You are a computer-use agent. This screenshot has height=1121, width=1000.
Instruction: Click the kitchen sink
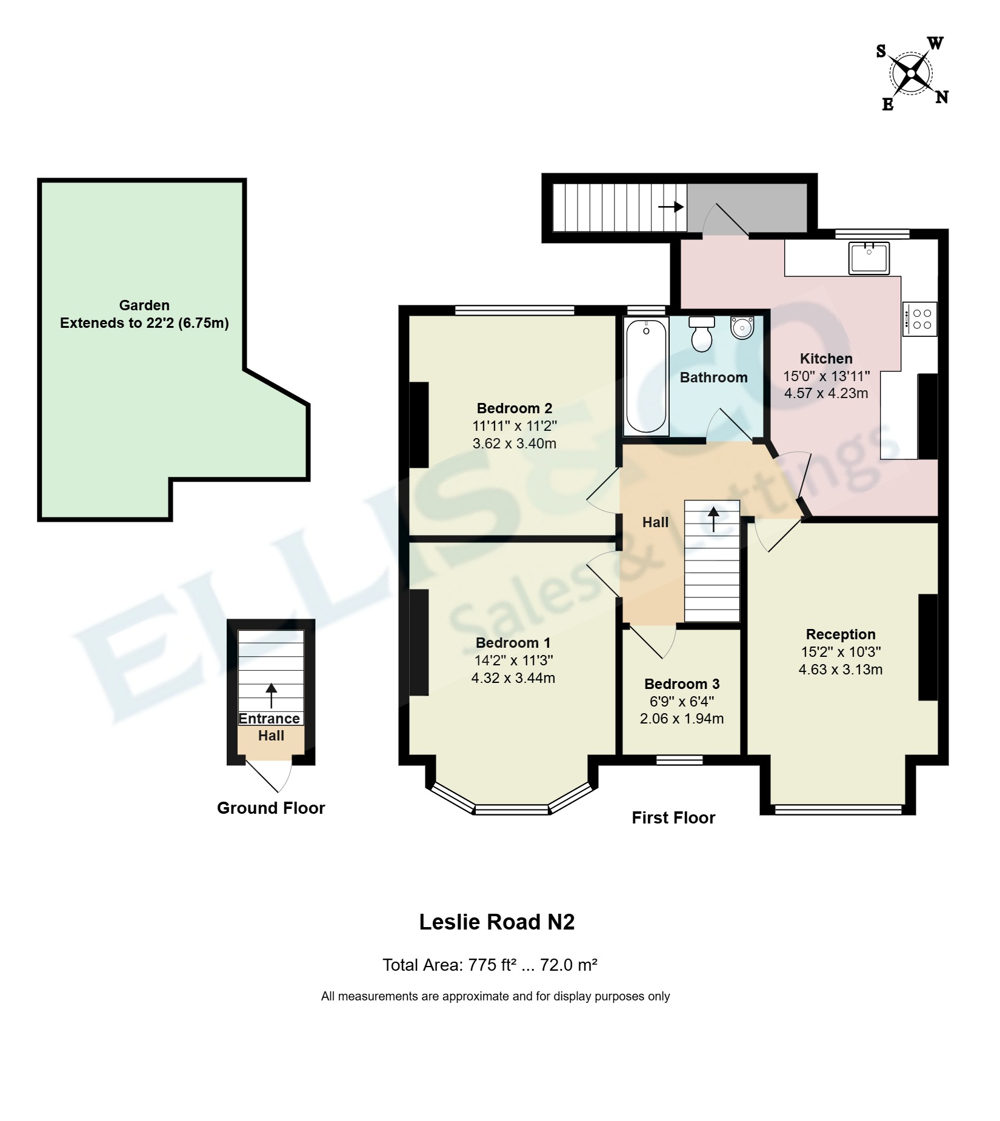(x=868, y=258)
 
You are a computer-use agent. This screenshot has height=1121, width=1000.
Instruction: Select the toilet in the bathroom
(x=702, y=334)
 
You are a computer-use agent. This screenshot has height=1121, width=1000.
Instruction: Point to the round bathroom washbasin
(x=742, y=327)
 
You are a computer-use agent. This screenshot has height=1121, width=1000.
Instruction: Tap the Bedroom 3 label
(x=682, y=684)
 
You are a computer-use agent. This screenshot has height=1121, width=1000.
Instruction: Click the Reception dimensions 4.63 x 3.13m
(x=841, y=670)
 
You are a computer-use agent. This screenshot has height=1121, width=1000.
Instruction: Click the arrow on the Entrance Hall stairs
(x=271, y=696)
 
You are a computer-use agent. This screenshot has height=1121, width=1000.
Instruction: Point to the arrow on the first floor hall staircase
(x=713, y=519)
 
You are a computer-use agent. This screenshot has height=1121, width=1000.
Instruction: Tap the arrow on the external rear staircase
(x=671, y=207)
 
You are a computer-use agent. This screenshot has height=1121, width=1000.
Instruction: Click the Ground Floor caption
(x=271, y=808)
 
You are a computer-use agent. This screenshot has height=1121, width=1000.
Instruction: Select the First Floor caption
(x=673, y=817)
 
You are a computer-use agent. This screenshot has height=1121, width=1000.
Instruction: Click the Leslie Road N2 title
(x=497, y=922)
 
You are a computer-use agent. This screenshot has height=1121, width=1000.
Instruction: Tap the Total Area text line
(x=490, y=965)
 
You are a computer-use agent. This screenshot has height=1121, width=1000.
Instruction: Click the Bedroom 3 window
(x=679, y=760)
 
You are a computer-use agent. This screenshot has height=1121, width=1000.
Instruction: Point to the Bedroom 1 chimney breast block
(x=419, y=642)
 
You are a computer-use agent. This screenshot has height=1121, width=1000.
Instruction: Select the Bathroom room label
(x=713, y=378)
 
